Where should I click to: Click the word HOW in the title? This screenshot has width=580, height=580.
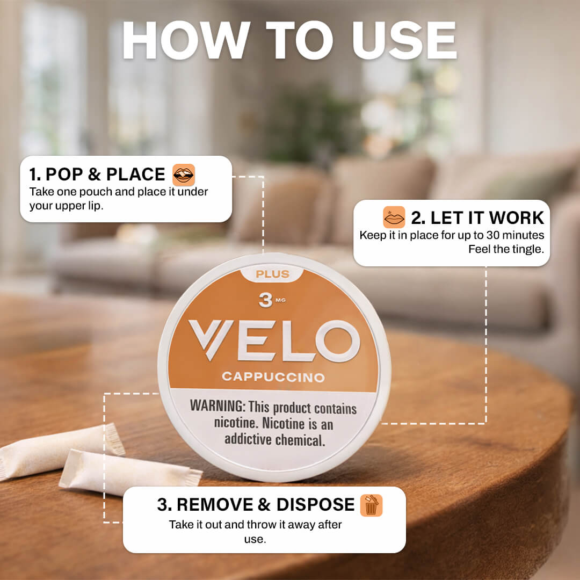[x=186, y=40]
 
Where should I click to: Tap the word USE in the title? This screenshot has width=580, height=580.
[x=404, y=40]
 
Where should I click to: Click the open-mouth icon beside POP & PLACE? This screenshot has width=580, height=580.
[x=184, y=175]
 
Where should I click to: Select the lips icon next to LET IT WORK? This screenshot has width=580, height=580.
[x=394, y=217]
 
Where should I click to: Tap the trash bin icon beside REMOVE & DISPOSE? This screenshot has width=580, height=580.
[x=372, y=505]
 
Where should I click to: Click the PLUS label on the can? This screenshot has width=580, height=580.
[x=272, y=274]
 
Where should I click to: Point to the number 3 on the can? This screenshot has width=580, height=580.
[x=265, y=300]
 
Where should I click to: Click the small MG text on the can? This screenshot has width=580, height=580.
[x=281, y=300]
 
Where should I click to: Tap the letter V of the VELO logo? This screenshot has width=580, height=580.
[x=211, y=339]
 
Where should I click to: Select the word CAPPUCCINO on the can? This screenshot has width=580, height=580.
[x=273, y=377]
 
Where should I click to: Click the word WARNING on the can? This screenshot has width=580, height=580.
[x=218, y=406]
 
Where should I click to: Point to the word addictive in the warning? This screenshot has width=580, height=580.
[x=248, y=439]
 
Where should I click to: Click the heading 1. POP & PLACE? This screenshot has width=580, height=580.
[x=97, y=174]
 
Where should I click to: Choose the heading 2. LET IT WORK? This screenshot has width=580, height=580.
[x=477, y=218]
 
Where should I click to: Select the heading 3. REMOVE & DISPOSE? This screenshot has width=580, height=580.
[x=256, y=504]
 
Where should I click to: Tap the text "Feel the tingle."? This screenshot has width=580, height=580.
[x=506, y=249]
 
